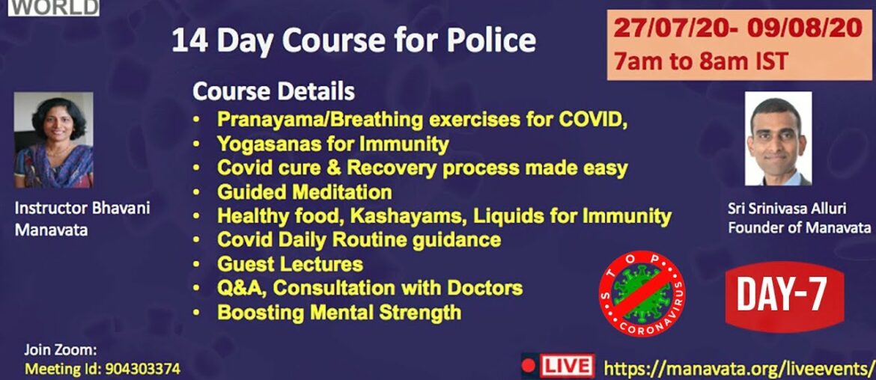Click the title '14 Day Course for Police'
353,40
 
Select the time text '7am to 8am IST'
701,60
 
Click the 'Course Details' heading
273,92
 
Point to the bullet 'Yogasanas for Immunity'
332,143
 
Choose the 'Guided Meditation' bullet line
304,191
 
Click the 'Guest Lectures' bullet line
290,263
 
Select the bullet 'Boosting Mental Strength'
338,312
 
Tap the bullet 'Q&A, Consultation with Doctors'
369,288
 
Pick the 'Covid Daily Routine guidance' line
359,239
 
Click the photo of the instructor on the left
53,140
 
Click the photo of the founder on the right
778,139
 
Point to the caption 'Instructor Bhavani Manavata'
82,218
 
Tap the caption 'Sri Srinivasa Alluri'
788,209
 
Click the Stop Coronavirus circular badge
643,293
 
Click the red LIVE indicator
558,366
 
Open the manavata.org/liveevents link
738,367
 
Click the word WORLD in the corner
56,7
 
